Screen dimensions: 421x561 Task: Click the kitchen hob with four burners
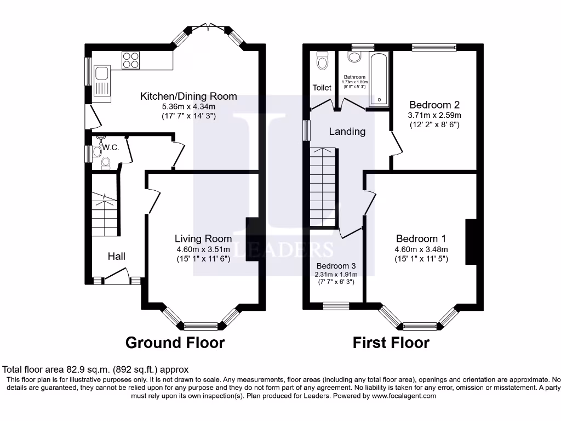point(131,60)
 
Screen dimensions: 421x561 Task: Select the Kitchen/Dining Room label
point(188,96)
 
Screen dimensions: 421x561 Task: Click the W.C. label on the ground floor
point(111,147)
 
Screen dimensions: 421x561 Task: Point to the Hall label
point(116,256)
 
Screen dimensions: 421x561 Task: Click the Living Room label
point(203,238)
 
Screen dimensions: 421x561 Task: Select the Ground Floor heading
point(175,343)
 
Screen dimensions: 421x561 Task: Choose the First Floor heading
point(391,343)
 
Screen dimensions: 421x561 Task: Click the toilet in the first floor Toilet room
point(322,61)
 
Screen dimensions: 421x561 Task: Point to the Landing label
point(347,132)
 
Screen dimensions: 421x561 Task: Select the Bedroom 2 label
point(434,105)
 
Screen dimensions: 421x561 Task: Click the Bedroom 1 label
point(421,238)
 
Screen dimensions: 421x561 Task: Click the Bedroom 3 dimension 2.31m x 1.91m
point(335,274)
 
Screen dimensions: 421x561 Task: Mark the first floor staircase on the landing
point(323,186)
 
